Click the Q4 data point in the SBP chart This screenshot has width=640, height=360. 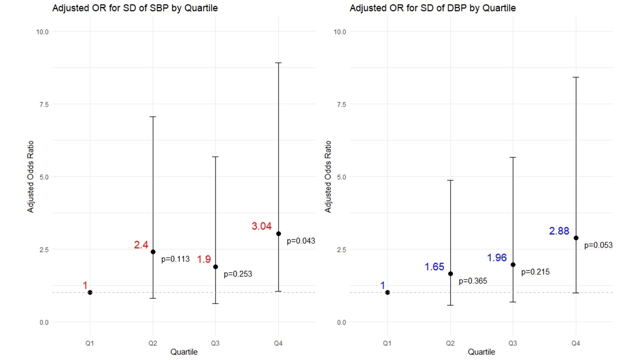[x=278, y=233]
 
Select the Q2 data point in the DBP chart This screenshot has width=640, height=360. [x=450, y=273]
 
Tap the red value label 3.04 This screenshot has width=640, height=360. [x=261, y=226]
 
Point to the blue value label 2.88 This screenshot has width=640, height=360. [x=559, y=231]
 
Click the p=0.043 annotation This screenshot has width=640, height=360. [x=300, y=241]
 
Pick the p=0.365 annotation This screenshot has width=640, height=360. [x=472, y=281]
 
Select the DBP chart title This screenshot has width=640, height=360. [x=432, y=8]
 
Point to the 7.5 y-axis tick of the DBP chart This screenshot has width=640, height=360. [x=339, y=104]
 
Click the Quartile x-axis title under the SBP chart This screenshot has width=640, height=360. [x=184, y=352]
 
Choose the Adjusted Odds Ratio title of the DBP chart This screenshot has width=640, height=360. [x=328, y=176]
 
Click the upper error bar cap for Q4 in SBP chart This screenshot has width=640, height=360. [x=278, y=63]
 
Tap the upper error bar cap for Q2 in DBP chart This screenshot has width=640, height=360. [x=450, y=180]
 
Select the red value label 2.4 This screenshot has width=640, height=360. [x=140, y=245]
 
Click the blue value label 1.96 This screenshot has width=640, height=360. [x=497, y=258]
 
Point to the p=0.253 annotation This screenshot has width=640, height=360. [x=237, y=274]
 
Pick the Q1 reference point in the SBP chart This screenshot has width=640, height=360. [x=90, y=292]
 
